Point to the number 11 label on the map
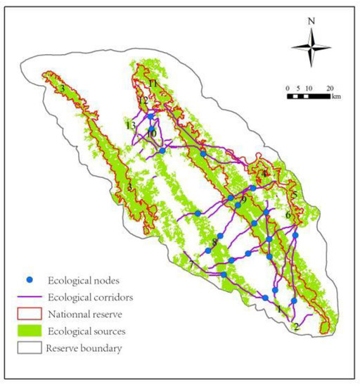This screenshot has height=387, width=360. point(153,84)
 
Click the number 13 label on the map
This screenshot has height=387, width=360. point(131,125)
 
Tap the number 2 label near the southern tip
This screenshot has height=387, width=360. point(297,326)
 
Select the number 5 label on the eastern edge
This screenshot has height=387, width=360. point(295,195)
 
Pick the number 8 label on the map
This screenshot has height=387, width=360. point(214,243)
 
